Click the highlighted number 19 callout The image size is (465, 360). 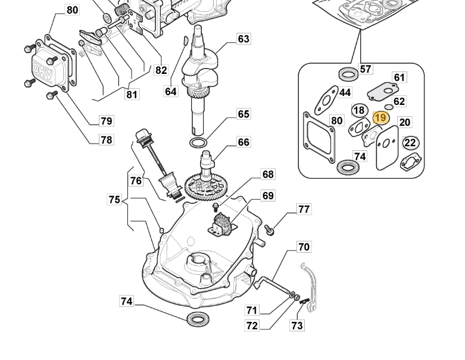pos(380,117)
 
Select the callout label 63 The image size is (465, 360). pos(244,39)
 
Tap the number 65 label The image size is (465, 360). pos(244,114)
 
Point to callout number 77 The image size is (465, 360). pos(304,209)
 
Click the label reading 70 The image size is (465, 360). pos(304,247)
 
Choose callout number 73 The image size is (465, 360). pos(297,325)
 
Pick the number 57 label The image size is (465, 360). pos(366,69)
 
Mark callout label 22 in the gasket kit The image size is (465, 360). pos(410,142)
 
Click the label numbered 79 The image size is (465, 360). pos(106,121)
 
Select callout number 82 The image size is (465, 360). pos(161,70)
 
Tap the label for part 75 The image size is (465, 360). pos(114,200)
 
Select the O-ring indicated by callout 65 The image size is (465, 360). pos(198,143)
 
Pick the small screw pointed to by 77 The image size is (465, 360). pos(269,229)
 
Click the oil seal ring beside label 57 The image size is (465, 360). pos(348,75)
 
